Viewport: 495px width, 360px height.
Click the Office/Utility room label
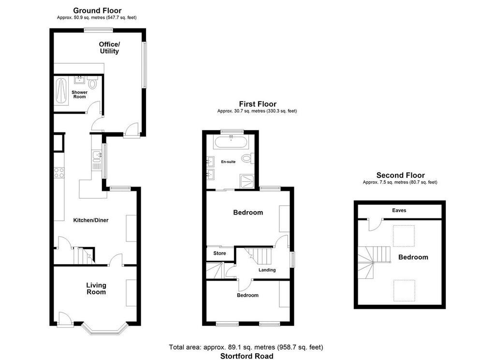pyautogui.click(x=109, y=48)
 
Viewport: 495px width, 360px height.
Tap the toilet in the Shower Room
pyautogui.click(x=92, y=83)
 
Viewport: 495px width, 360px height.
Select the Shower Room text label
pyautogui.click(x=80, y=94)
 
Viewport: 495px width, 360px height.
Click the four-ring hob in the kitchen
pyautogui.click(x=59, y=173)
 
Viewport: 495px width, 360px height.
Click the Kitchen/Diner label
pyautogui.click(x=91, y=220)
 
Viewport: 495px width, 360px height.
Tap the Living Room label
pyautogui.click(x=96, y=288)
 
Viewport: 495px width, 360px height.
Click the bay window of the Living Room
pyautogui.click(x=105, y=329)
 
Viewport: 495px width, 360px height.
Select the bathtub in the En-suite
pyautogui.click(x=231, y=142)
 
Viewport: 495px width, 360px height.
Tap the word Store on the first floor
pyautogui.click(x=220, y=253)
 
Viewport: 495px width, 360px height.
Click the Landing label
pyautogui.click(x=267, y=270)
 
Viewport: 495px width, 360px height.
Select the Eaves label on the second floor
pyautogui.click(x=399, y=210)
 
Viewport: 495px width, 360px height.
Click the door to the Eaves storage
pyautogui.click(x=376, y=224)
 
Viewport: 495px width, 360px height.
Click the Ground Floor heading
pyautogui.click(x=97, y=11)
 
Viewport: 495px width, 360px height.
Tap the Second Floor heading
pyautogui.click(x=400, y=175)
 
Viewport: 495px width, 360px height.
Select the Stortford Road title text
pyautogui.click(x=247, y=356)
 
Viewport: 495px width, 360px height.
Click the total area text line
pyautogui.click(x=246, y=347)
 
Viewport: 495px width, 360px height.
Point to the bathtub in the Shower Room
pyautogui.click(x=61, y=92)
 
